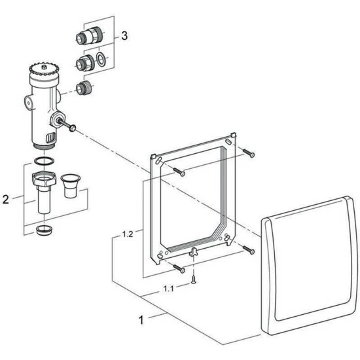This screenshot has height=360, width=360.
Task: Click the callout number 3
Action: [x=124, y=36]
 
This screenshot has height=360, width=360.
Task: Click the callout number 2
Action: [x=6, y=199]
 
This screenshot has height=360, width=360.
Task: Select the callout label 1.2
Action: [x=128, y=234]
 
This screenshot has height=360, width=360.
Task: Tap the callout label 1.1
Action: [x=168, y=289]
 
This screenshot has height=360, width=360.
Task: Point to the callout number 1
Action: [x=141, y=320]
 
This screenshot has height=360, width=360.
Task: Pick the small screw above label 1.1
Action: [x=194, y=279]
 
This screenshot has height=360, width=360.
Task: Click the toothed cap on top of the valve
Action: [x=44, y=70]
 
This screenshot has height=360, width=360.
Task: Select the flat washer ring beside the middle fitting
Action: [x=100, y=58]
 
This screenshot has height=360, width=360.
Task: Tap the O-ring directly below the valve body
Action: [x=44, y=161]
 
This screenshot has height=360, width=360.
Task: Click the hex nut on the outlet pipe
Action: [x=44, y=179]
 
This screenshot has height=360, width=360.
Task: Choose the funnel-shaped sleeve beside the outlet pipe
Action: [x=71, y=186]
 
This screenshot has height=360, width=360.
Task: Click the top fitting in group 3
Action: [x=88, y=36]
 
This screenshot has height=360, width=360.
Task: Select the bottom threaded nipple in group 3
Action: [x=84, y=88]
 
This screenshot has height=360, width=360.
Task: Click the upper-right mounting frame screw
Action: [x=249, y=153]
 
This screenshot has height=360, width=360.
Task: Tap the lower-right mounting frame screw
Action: [x=249, y=250]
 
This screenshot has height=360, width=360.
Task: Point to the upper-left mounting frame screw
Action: [x=179, y=172]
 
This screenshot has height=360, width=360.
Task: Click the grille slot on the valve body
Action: [x=50, y=137]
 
